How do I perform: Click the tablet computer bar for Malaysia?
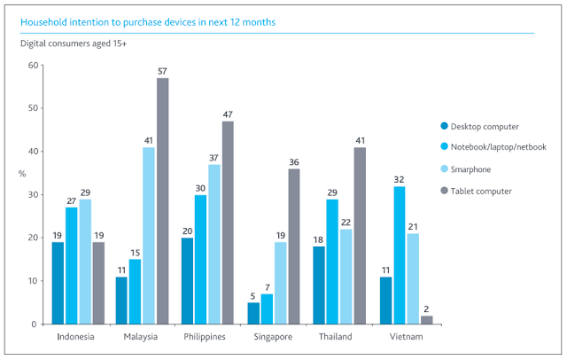click(x=163, y=201)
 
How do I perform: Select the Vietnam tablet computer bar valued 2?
click(x=427, y=320)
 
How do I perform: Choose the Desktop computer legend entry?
click(x=493, y=126)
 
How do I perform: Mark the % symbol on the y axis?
click(x=22, y=173)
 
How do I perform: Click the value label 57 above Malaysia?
click(x=163, y=70)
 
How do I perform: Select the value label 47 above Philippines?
click(x=229, y=113)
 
